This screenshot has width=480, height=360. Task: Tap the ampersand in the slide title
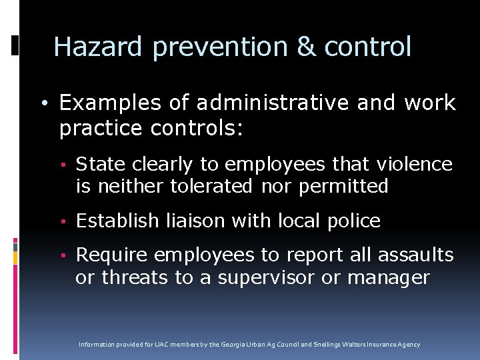306,47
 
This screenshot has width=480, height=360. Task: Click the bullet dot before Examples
43,104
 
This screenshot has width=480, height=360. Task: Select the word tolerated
211,186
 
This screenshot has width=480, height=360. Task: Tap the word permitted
343,186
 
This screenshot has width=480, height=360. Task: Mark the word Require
112,255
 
